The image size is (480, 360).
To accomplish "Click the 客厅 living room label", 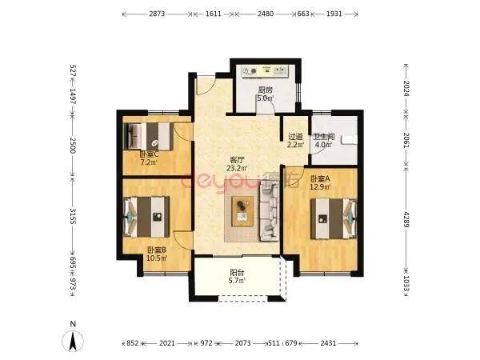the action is click(x=237, y=160).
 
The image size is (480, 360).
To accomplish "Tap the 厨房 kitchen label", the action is click(x=265, y=90).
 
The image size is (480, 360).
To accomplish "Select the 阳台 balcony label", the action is click(x=237, y=272).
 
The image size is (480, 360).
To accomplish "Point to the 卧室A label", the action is click(x=320, y=178).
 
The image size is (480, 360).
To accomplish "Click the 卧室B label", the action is click(x=157, y=250).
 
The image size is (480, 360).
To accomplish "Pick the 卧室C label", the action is click(x=149, y=154).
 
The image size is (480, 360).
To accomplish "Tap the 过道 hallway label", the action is click(x=295, y=137).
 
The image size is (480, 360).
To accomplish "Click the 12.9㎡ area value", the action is click(x=320, y=186).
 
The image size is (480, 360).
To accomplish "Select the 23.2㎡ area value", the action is click(x=237, y=168).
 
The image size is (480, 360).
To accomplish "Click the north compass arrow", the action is click(x=73, y=341).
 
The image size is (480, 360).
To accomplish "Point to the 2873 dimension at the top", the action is click(x=157, y=14).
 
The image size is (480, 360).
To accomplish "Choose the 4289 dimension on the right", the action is click(x=406, y=219).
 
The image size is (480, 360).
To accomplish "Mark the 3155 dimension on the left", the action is click(x=73, y=216).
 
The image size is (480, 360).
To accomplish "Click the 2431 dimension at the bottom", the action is click(x=329, y=343).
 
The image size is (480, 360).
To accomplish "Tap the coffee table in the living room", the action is click(x=242, y=211).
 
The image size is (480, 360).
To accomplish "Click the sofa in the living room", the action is click(x=270, y=211).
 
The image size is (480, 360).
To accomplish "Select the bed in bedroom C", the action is click(x=148, y=136).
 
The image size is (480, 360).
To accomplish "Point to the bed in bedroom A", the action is click(x=334, y=218).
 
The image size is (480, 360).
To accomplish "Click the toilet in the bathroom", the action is click(x=350, y=139).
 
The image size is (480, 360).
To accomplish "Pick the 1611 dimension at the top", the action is click(x=214, y=14).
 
